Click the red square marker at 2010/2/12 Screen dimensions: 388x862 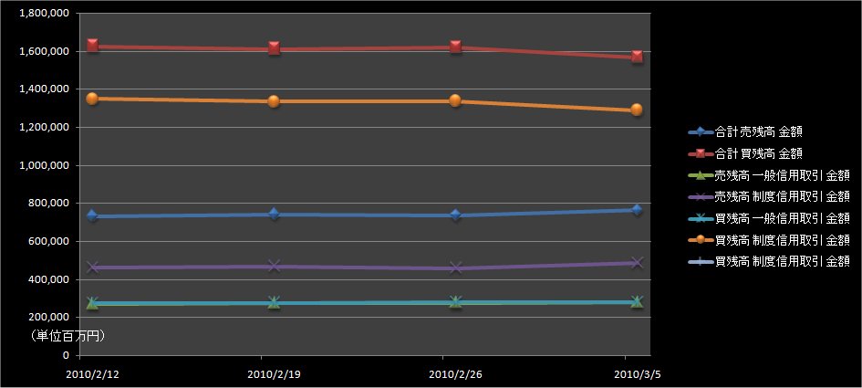coord(92,45)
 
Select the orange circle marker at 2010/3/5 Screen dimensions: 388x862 coord(637,110)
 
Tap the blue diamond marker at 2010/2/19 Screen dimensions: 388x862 coord(274,214)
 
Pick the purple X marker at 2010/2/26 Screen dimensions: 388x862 coord(455,267)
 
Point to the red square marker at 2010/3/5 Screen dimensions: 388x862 coord(637,57)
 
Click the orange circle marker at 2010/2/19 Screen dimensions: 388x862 coord(274,100)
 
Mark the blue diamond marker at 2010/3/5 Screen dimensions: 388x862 coord(637,210)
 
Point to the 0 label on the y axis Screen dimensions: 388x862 coord(67,355)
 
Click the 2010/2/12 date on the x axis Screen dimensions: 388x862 coord(92,374)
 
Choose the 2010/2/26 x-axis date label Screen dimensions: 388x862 coord(455,374)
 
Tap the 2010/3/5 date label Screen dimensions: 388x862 coord(636,374)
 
